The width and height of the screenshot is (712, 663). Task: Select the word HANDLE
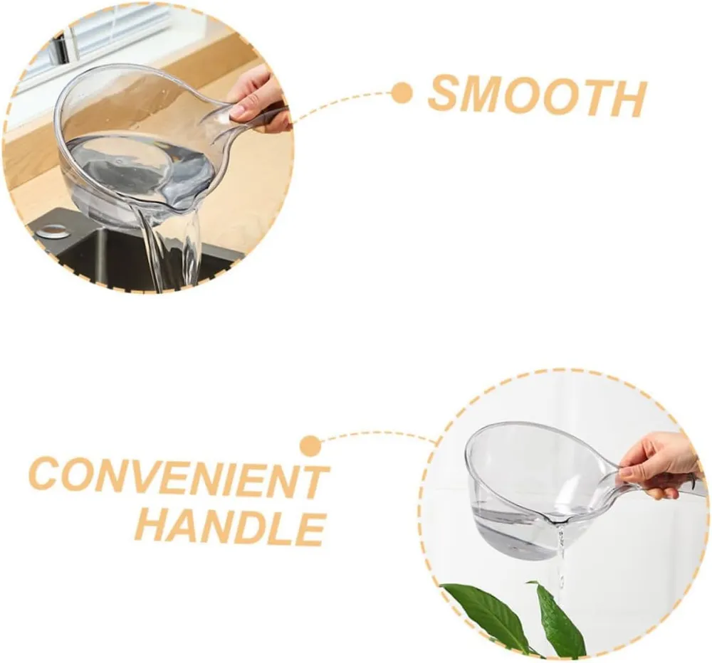click(231, 529)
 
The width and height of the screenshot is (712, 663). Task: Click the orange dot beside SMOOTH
click(402, 93)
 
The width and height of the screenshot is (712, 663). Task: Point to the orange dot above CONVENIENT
click(310, 446)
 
